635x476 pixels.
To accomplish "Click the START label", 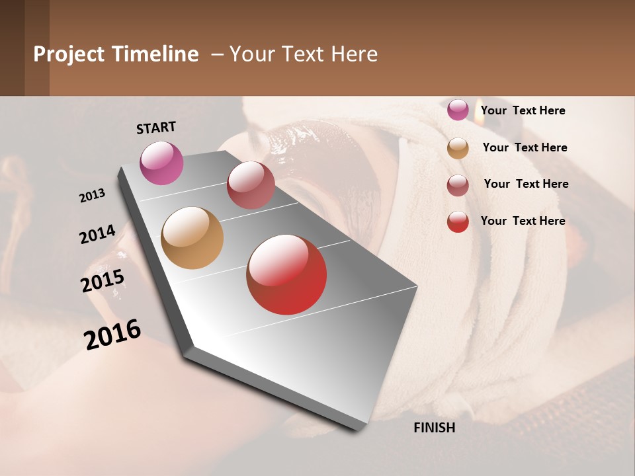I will pos(156,128).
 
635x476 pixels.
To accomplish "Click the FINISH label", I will pos(434,428).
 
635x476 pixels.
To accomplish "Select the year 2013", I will pos(93,195).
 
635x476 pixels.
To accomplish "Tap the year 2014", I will pos(97,234).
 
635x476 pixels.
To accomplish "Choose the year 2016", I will pos(112,334).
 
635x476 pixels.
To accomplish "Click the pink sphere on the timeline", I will pos(161,163).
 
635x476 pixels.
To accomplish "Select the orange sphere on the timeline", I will pos(192,238).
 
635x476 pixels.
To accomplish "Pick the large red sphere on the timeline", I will pos(286,274).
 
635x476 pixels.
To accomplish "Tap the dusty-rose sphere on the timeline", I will pos(251,185).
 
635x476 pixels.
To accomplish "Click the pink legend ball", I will pos(458,110).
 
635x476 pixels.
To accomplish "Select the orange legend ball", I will pos(458,148).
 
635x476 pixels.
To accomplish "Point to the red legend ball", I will pos(458,221).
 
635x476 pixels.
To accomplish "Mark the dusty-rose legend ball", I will pos(458,185).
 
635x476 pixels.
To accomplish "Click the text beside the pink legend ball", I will pos(523,110).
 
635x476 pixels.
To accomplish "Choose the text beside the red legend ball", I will pos(523,221).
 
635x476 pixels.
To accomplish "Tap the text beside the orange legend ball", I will pos(525,147).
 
